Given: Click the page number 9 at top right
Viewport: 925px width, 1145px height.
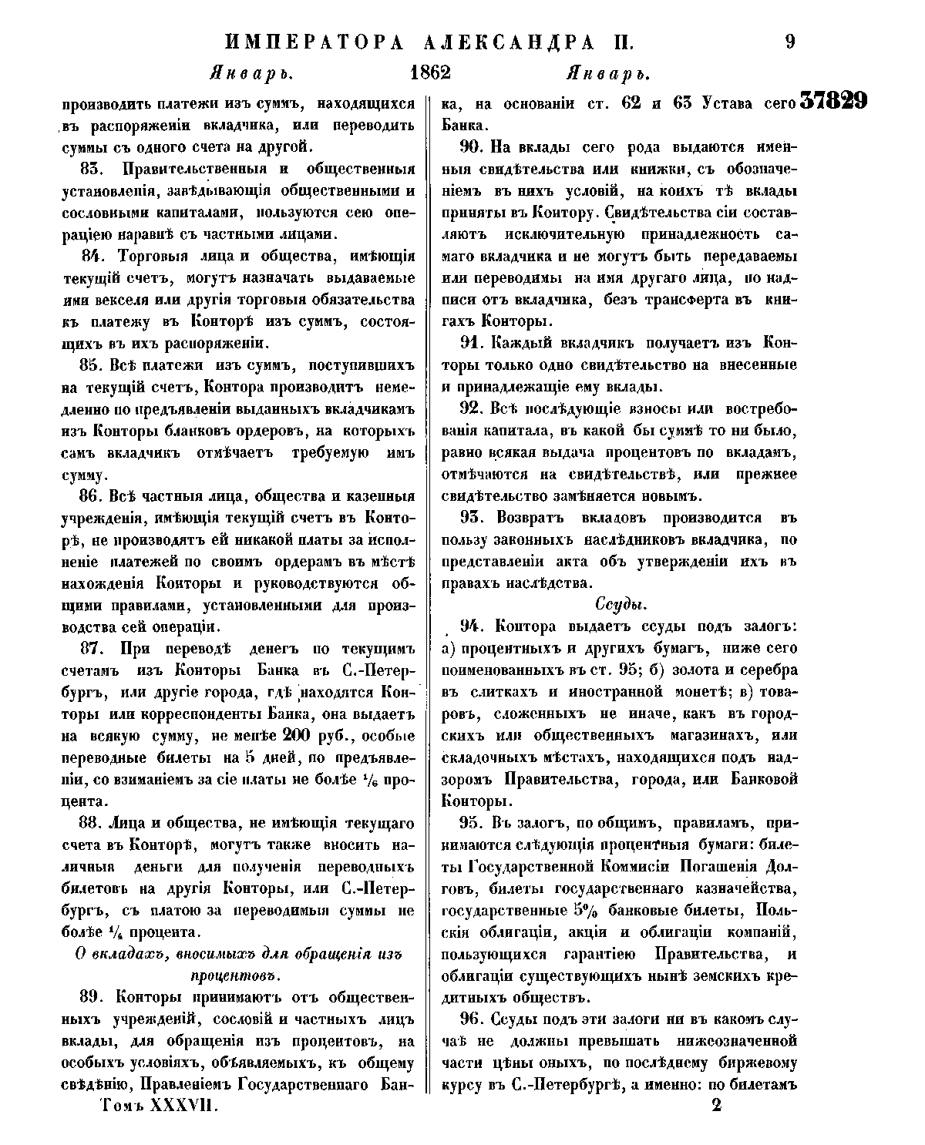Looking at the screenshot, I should coord(789,42).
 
